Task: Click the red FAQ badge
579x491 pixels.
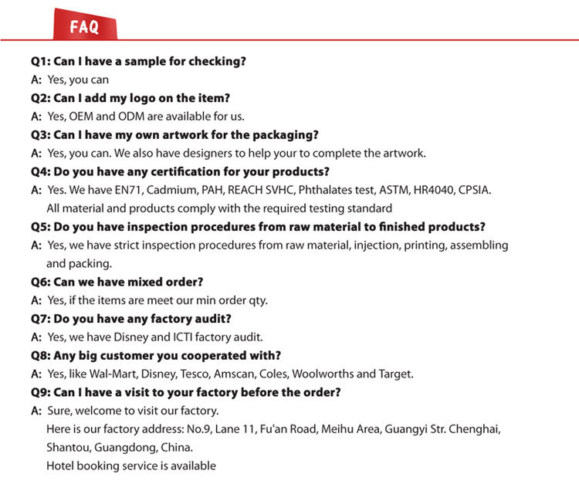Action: pos(85,27)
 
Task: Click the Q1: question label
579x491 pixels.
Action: pos(40,61)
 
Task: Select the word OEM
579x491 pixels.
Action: pos(82,117)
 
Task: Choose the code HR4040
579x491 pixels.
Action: pos(431,190)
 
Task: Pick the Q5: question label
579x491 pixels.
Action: pos(40,227)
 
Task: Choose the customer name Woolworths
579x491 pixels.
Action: pos(323,374)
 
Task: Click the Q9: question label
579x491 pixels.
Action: pos(40,392)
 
